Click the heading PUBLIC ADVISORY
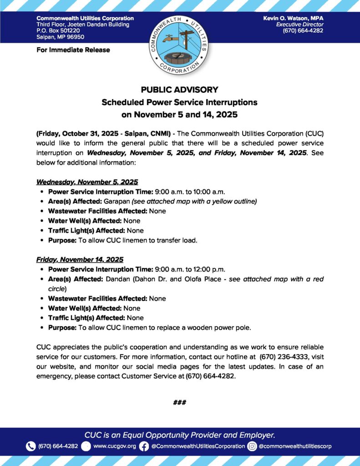point(180,90)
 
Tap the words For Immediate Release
point(73,50)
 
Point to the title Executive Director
point(300,25)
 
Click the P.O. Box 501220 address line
point(58,30)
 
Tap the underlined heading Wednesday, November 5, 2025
point(87,182)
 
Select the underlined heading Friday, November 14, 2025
point(80,259)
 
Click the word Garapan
point(117,201)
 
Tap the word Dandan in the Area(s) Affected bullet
point(117,279)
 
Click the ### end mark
point(180,402)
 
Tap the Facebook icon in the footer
point(144,446)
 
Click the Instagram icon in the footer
point(252,446)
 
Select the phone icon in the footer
point(30,446)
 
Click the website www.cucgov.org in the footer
point(115,446)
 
